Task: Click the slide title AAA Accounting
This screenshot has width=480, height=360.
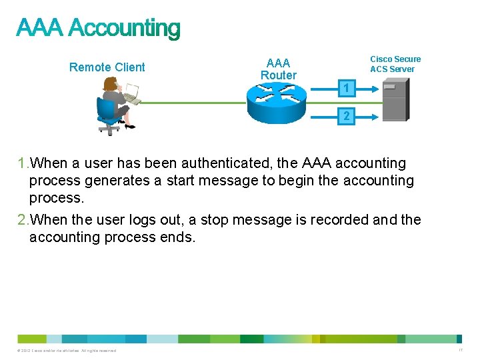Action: [x=98, y=29]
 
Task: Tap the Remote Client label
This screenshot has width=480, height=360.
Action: [x=107, y=67]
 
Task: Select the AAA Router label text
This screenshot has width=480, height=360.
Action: [x=278, y=69]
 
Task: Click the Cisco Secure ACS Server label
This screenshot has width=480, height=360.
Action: [x=395, y=64]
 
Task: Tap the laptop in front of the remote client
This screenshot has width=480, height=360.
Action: [x=131, y=94]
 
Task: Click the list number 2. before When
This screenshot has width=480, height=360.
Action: [x=23, y=220]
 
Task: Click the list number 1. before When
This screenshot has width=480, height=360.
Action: [x=23, y=163]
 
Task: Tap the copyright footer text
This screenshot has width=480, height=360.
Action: [x=67, y=351]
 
